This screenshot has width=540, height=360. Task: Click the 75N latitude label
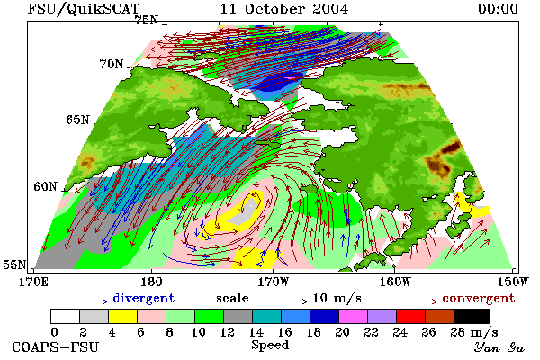coord(147,21)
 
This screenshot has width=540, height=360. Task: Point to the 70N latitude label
coord(112,64)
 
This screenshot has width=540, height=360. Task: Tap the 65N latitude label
coord(77,120)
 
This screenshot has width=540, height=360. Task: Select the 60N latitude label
coord(45,186)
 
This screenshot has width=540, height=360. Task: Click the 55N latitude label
coord(14,265)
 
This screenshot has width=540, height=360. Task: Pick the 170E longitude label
coord(33,282)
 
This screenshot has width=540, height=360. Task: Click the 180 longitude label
coord(151,282)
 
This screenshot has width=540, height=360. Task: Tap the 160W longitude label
coord(395,282)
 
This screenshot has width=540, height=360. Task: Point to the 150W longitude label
coord(513,282)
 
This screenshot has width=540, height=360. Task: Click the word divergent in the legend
coord(144,298)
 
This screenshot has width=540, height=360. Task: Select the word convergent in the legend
coord(479,298)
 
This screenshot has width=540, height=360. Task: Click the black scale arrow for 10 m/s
coord(281,301)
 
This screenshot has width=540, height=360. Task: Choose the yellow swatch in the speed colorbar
coord(123,316)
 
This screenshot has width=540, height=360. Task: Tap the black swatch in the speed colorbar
coord(472,316)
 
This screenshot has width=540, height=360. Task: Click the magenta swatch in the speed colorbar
coord(354,316)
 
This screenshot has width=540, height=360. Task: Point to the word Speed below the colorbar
coord(270,346)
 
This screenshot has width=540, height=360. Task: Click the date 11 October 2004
coord(284,9)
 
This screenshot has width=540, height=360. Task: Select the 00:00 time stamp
coord(498,9)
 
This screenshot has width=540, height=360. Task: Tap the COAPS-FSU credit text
coord(56,346)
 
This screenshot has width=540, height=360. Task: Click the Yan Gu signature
coord(499,347)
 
